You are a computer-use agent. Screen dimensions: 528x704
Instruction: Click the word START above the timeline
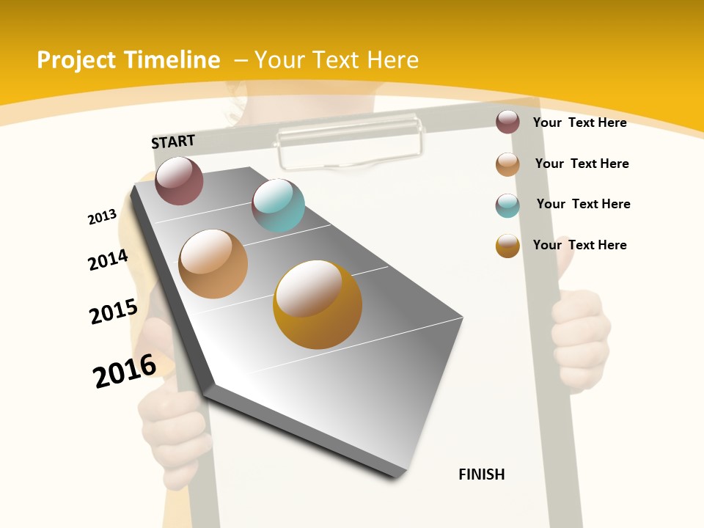click(173, 142)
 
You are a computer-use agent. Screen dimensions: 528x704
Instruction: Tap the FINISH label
click(482, 474)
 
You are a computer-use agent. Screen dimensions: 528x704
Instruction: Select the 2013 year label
click(102, 217)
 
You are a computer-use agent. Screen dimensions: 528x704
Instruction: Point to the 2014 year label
click(108, 260)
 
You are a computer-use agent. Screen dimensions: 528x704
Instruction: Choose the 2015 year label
click(114, 311)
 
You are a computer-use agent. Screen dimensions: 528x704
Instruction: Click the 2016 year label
click(125, 370)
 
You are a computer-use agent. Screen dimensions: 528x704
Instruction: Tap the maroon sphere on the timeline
click(179, 180)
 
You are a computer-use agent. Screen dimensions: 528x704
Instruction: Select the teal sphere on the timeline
click(278, 205)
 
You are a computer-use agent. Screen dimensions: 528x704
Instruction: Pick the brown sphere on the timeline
click(213, 264)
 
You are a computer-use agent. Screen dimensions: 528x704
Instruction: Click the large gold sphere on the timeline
click(318, 304)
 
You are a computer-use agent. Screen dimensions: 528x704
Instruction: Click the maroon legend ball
click(507, 122)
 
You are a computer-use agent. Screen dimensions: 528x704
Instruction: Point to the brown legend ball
click(507, 164)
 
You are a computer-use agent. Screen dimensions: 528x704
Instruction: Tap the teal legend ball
click(507, 205)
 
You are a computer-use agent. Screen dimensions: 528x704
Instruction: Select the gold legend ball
click(507, 246)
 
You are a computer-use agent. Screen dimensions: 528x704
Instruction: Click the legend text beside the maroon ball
click(579, 122)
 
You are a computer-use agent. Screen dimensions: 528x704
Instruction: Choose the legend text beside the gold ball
click(579, 245)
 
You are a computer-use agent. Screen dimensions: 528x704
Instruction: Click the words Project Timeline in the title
click(128, 60)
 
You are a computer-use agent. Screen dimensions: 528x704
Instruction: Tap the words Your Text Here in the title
click(336, 60)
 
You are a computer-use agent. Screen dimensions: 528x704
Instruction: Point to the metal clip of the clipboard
click(350, 139)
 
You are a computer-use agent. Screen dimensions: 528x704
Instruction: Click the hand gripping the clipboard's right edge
click(581, 334)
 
